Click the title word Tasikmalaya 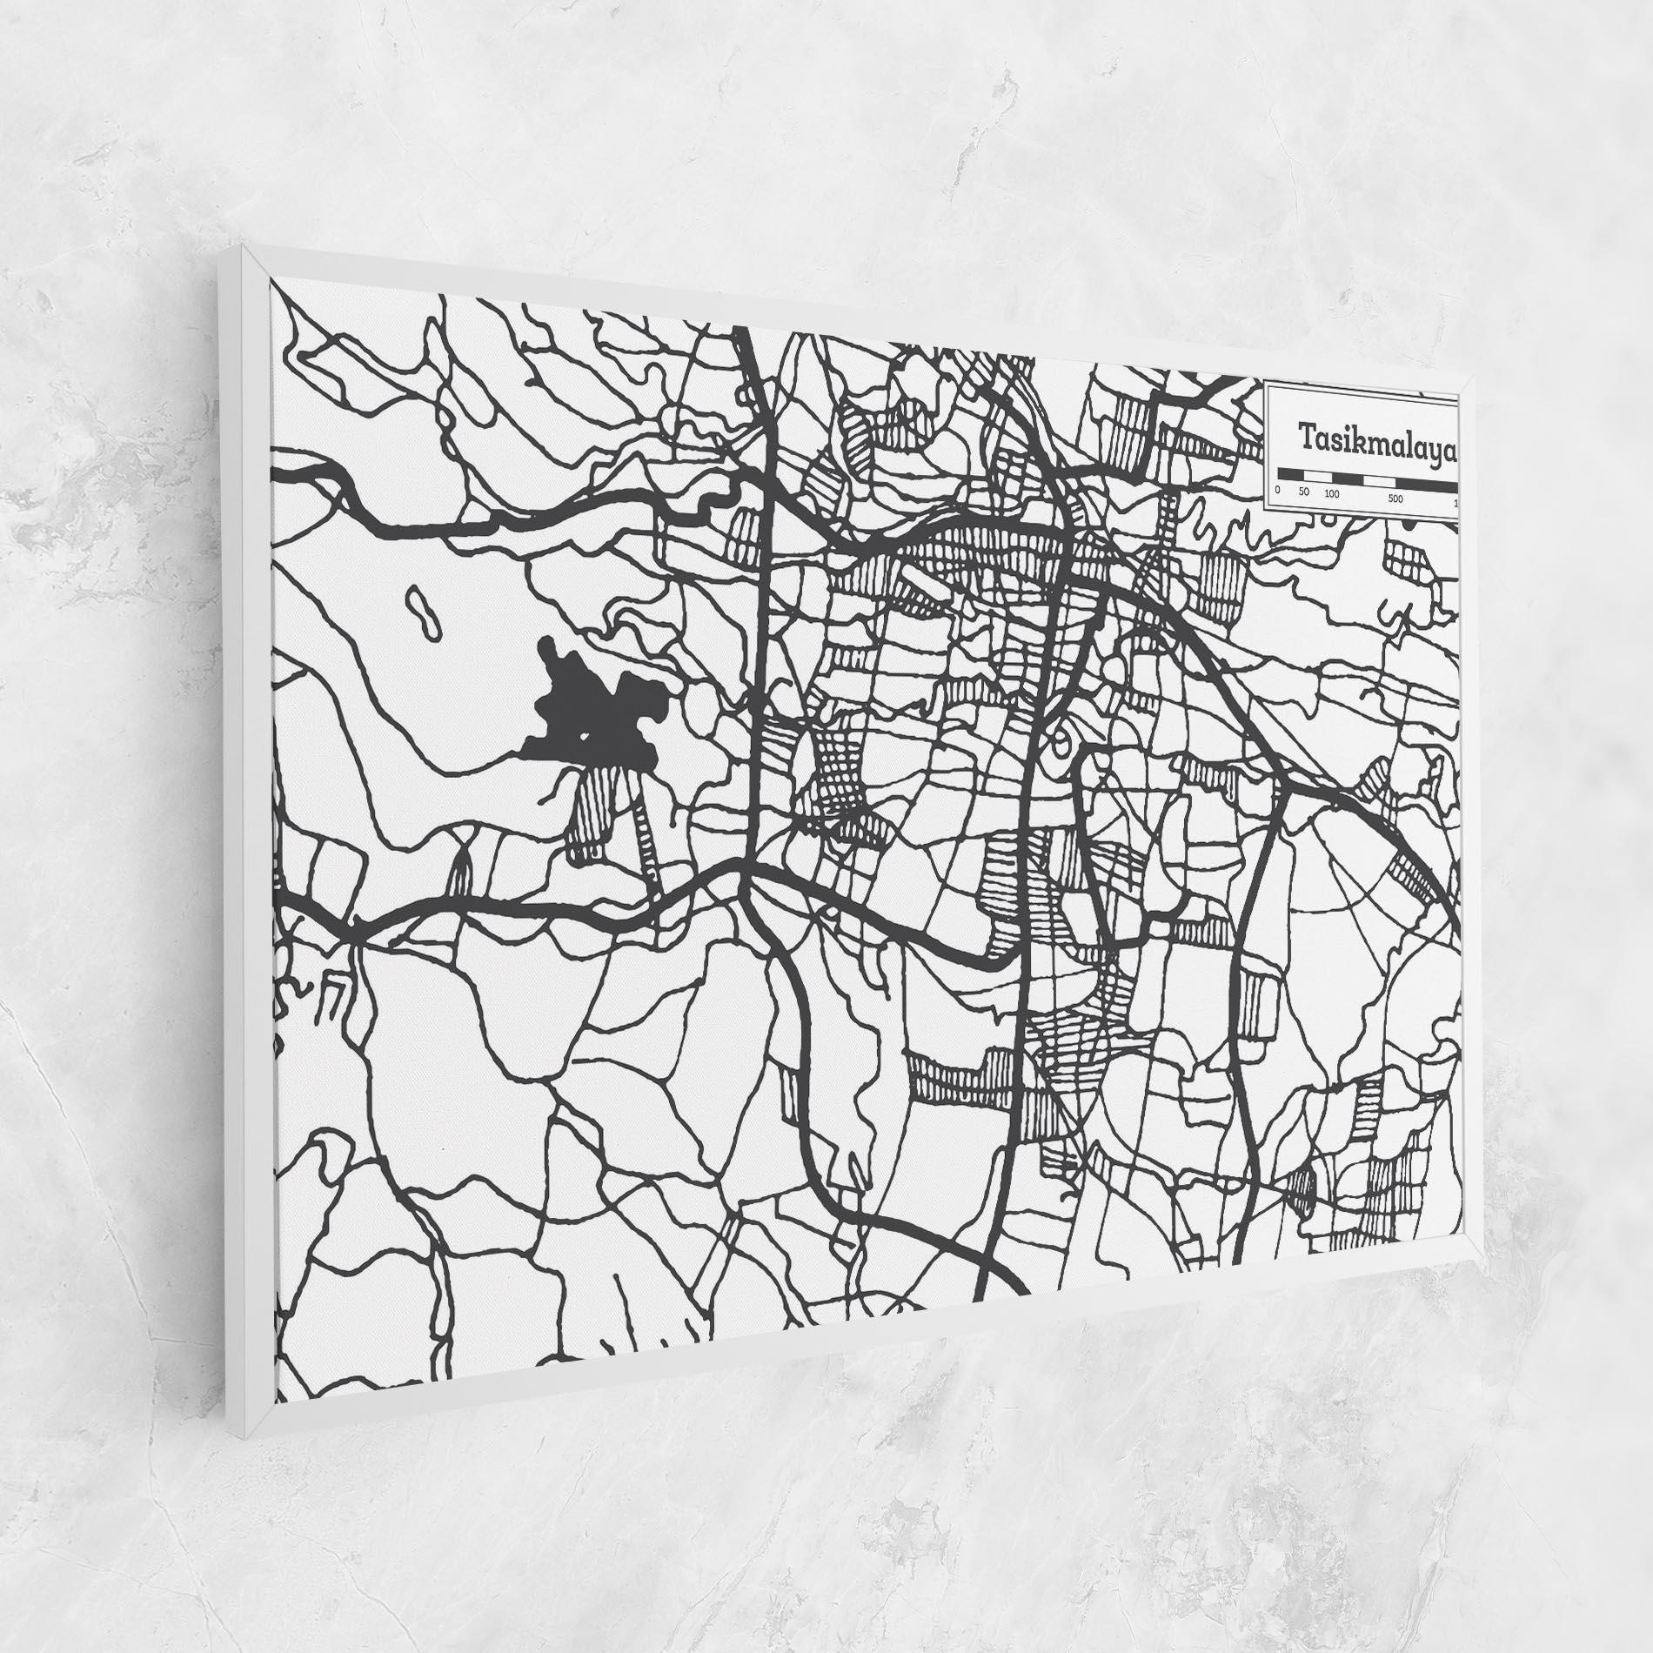[x=1377, y=439]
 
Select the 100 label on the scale [x=1331, y=495]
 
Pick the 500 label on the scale [x=1395, y=499]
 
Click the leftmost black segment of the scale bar [x=1290, y=475]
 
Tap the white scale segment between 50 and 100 [x=1317, y=477]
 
